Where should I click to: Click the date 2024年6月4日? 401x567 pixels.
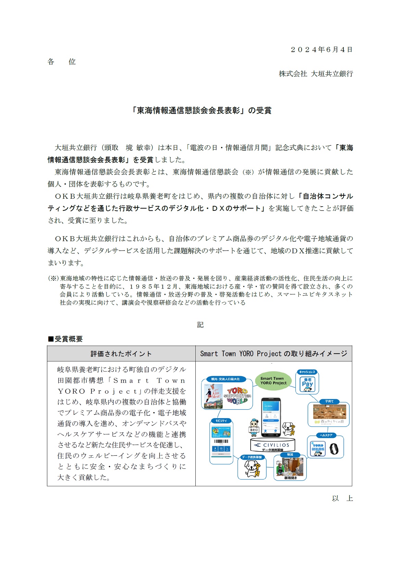(x=321, y=50)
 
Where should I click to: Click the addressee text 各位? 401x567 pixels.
(x=61, y=62)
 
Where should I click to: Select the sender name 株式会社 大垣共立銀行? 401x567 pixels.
(x=316, y=74)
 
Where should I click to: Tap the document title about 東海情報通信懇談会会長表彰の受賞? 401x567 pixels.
(x=201, y=110)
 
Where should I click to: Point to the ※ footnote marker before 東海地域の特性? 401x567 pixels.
(x=53, y=279)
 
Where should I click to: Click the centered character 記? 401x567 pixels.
(x=200, y=325)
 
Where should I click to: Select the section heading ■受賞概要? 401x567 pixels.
(x=65, y=339)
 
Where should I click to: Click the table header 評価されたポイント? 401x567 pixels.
(x=121, y=354)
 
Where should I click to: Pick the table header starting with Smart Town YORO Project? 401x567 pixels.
(x=274, y=354)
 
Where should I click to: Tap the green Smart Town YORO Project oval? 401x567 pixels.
(x=273, y=381)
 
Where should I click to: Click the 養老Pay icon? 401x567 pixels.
(x=307, y=384)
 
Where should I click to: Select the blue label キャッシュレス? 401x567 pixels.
(x=307, y=372)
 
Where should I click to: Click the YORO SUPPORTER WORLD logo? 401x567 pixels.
(x=237, y=396)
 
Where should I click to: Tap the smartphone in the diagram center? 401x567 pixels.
(x=271, y=417)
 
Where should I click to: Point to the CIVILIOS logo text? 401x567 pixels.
(x=276, y=445)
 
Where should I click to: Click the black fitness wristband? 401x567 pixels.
(x=334, y=448)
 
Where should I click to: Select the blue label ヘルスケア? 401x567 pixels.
(x=326, y=435)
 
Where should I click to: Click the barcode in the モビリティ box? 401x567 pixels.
(x=221, y=442)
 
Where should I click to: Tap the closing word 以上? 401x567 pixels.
(x=342, y=498)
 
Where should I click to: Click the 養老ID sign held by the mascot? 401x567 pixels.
(x=254, y=430)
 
